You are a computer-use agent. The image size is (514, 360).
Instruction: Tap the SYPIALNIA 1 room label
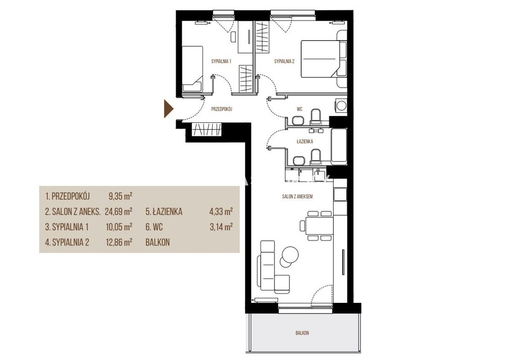(221, 61)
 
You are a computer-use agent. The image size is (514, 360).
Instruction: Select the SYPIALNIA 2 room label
(284, 61)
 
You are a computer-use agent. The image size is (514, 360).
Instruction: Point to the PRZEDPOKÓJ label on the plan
(221, 109)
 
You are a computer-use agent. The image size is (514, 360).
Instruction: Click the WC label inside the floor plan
(299, 109)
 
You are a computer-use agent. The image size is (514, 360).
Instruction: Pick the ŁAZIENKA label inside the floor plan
(305, 141)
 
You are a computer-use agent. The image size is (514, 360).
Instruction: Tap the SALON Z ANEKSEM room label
(297, 197)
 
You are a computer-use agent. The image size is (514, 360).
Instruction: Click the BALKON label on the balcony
(302, 333)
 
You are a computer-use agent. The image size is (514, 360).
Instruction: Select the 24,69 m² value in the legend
(118, 211)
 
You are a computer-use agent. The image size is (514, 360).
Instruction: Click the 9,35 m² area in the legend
(120, 196)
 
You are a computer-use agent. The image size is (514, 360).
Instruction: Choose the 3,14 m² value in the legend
(221, 226)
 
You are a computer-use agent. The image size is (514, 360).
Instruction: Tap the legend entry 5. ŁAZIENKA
(164, 211)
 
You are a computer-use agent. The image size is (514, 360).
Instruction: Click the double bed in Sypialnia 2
(323, 59)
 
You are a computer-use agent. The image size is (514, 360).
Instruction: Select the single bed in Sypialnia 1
(193, 68)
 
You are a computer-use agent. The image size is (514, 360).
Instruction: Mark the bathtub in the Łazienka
(339, 147)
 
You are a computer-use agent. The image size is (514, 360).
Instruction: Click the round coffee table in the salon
(290, 254)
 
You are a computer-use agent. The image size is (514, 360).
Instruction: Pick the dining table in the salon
(319, 226)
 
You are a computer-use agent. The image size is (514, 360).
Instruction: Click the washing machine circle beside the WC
(341, 105)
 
